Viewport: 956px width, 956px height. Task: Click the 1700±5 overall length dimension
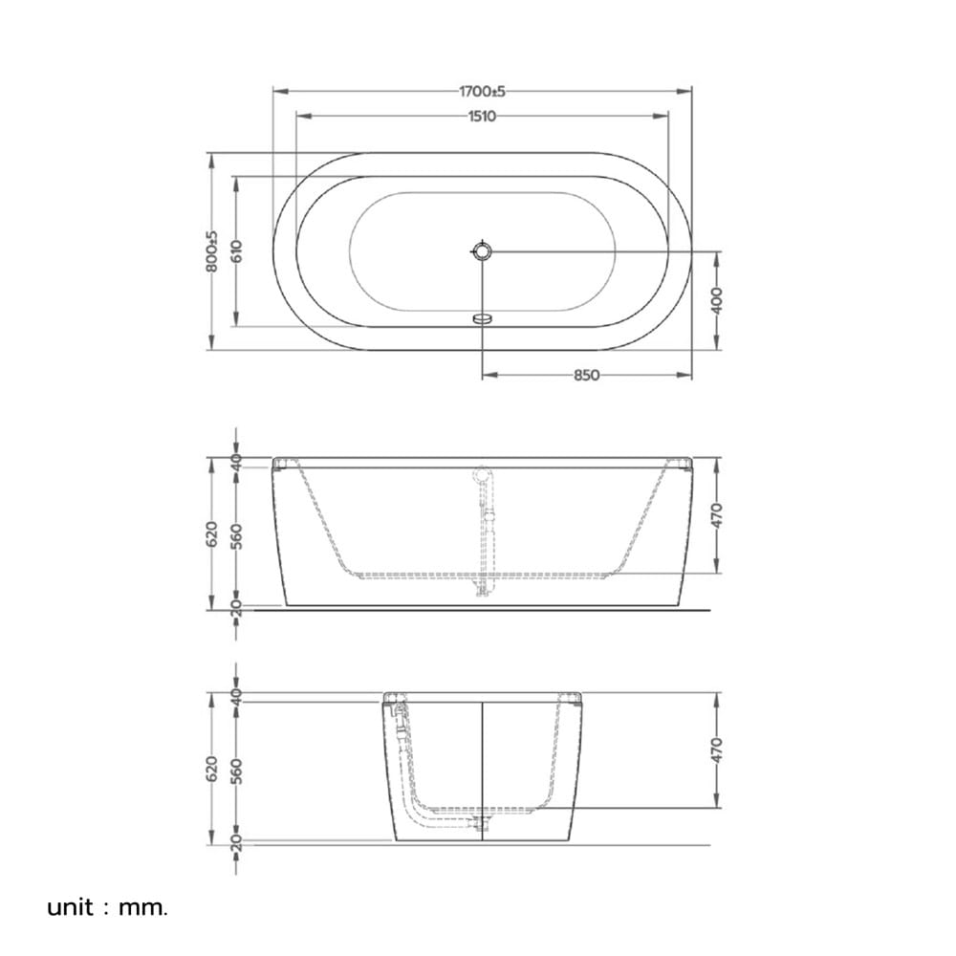tap(482, 92)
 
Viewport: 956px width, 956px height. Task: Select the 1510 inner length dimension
tap(482, 116)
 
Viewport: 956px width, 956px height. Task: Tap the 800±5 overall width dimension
tap(211, 251)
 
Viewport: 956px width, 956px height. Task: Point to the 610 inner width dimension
tap(236, 251)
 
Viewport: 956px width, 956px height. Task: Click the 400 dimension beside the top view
tap(717, 300)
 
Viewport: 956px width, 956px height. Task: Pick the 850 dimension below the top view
tap(587, 376)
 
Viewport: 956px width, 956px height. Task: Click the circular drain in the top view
tap(482, 250)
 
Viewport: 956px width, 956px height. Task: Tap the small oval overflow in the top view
tap(482, 317)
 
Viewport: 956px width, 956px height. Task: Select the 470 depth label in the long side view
tap(717, 515)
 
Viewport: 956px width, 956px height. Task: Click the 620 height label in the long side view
tap(211, 533)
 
